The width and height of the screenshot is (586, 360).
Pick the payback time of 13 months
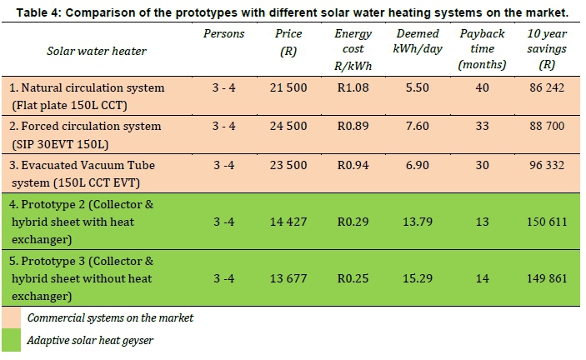(482, 221)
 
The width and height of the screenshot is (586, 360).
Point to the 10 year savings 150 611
(547, 221)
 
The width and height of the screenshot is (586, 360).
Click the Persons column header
(224, 34)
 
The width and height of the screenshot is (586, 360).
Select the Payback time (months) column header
(482, 49)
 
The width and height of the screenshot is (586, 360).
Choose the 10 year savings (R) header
(547, 49)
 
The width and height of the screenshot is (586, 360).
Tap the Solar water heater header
(97, 51)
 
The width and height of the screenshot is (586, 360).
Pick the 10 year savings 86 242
(547, 87)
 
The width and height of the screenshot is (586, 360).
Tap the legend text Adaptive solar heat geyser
(90, 340)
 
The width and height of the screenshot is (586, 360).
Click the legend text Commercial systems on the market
(110, 317)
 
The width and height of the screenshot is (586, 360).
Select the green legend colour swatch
(12, 340)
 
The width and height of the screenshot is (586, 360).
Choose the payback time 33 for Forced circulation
(482, 126)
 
